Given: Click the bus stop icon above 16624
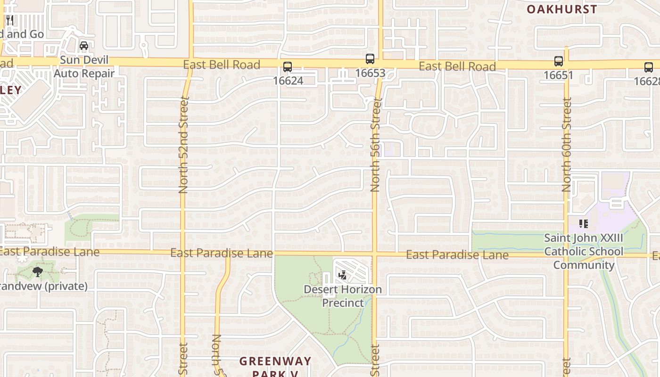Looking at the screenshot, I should (288, 67).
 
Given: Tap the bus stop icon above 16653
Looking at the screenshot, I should (370, 59).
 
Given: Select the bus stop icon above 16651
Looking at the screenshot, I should (559, 61).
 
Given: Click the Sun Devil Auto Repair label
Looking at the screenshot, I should (83, 67).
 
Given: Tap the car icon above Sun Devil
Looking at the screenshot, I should (84, 46).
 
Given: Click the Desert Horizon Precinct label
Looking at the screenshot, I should (343, 296).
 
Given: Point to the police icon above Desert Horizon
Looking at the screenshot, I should (343, 275).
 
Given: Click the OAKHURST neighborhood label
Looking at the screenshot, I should (561, 9).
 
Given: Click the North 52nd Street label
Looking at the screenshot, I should (183, 145).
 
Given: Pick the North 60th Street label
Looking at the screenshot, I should (567, 145).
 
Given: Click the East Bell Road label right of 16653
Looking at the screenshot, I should (457, 66).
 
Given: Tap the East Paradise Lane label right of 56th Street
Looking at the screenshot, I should (457, 255).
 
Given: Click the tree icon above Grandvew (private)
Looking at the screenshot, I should (38, 271).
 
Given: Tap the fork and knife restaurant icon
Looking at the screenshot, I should (9, 20).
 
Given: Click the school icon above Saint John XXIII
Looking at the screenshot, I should (584, 223).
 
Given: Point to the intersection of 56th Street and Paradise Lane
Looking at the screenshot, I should (375, 254).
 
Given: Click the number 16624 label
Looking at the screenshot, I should (288, 81).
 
